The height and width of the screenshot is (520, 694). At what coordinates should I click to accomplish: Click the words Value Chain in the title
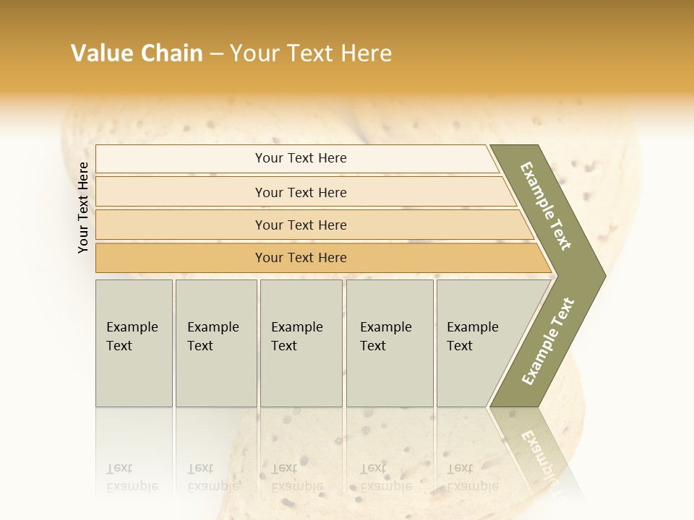click(137, 53)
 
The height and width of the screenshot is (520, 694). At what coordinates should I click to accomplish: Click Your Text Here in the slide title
click(311, 53)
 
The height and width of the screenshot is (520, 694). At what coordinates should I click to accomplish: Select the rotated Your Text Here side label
click(83, 207)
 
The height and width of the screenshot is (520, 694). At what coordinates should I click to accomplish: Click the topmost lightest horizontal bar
click(301, 158)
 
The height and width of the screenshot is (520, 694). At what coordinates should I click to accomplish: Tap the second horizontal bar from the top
click(301, 192)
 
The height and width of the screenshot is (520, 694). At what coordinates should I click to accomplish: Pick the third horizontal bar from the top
click(301, 225)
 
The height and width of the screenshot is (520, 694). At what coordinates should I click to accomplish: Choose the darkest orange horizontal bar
click(301, 258)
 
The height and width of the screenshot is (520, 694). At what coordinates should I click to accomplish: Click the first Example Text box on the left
click(134, 343)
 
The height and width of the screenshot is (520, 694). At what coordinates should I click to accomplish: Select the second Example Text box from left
click(215, 343)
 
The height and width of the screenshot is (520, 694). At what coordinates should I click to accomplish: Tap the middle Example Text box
click(301, 343)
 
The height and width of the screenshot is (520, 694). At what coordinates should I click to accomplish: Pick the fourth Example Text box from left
click(390, 343)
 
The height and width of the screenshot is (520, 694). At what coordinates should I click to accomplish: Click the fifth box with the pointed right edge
click(477, 343)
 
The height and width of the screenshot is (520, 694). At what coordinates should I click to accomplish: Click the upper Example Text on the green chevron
click(546, 206)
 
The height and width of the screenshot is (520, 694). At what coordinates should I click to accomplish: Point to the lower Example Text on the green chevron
click(548, 342)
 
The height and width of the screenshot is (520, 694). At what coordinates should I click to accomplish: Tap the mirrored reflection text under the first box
click(132, 477)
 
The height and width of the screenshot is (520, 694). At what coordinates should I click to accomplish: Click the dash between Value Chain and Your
click(216, 54)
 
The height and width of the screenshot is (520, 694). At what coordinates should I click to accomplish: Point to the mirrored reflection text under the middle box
click(296, 477)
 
